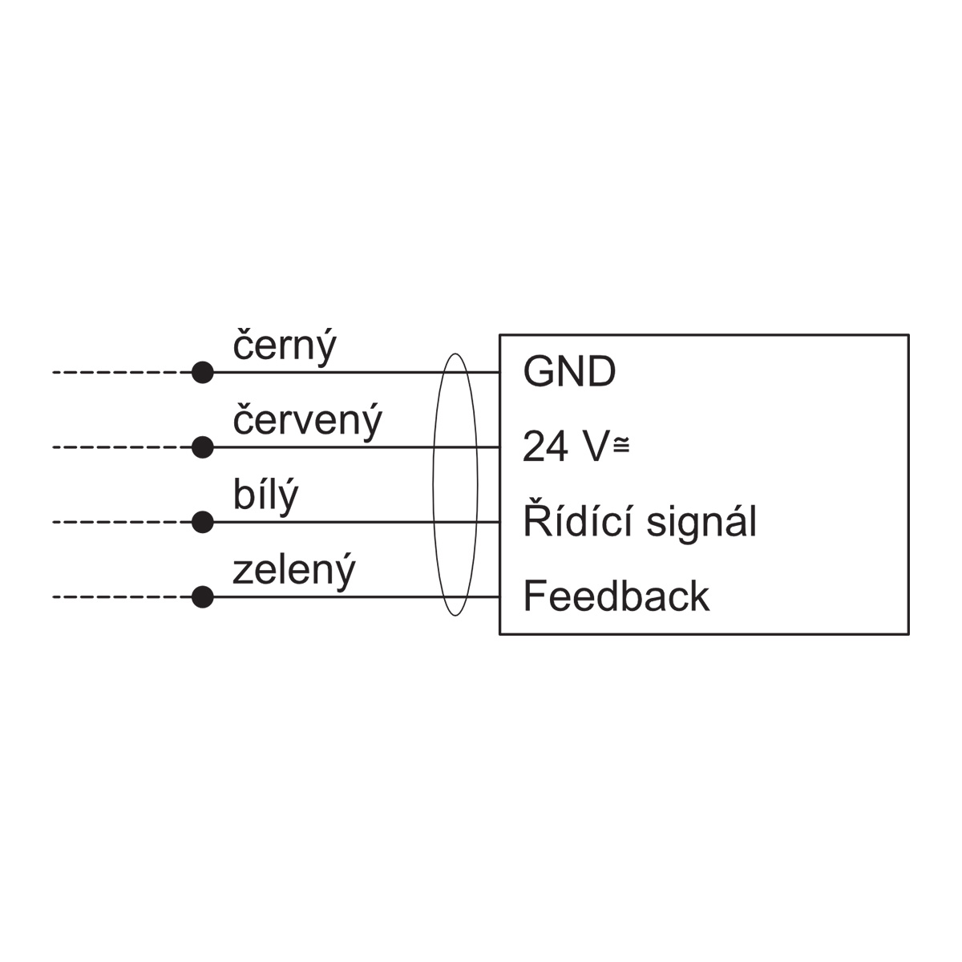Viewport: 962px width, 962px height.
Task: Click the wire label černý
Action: click(285, 347)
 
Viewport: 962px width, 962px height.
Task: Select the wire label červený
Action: click(308, 422)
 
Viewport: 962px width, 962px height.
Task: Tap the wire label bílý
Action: click(265, 496)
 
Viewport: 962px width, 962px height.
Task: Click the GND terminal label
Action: click(569, 371)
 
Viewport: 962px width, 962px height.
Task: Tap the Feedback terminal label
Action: click(616, 596)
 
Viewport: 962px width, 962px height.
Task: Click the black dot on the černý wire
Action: click(203, 373)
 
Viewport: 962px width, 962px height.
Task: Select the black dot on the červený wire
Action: click(203, 447)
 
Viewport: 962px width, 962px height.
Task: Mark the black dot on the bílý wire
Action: click(203, 522)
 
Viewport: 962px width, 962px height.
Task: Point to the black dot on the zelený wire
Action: click(203, 597)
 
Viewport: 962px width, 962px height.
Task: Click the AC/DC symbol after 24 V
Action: click(621, 444)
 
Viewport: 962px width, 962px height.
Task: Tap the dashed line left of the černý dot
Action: click(123, 373)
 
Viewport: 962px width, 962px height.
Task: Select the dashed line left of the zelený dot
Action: click(123, 597)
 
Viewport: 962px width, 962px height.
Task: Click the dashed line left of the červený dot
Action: click(123, 447)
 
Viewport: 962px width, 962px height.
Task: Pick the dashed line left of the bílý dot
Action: click(123, 522)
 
